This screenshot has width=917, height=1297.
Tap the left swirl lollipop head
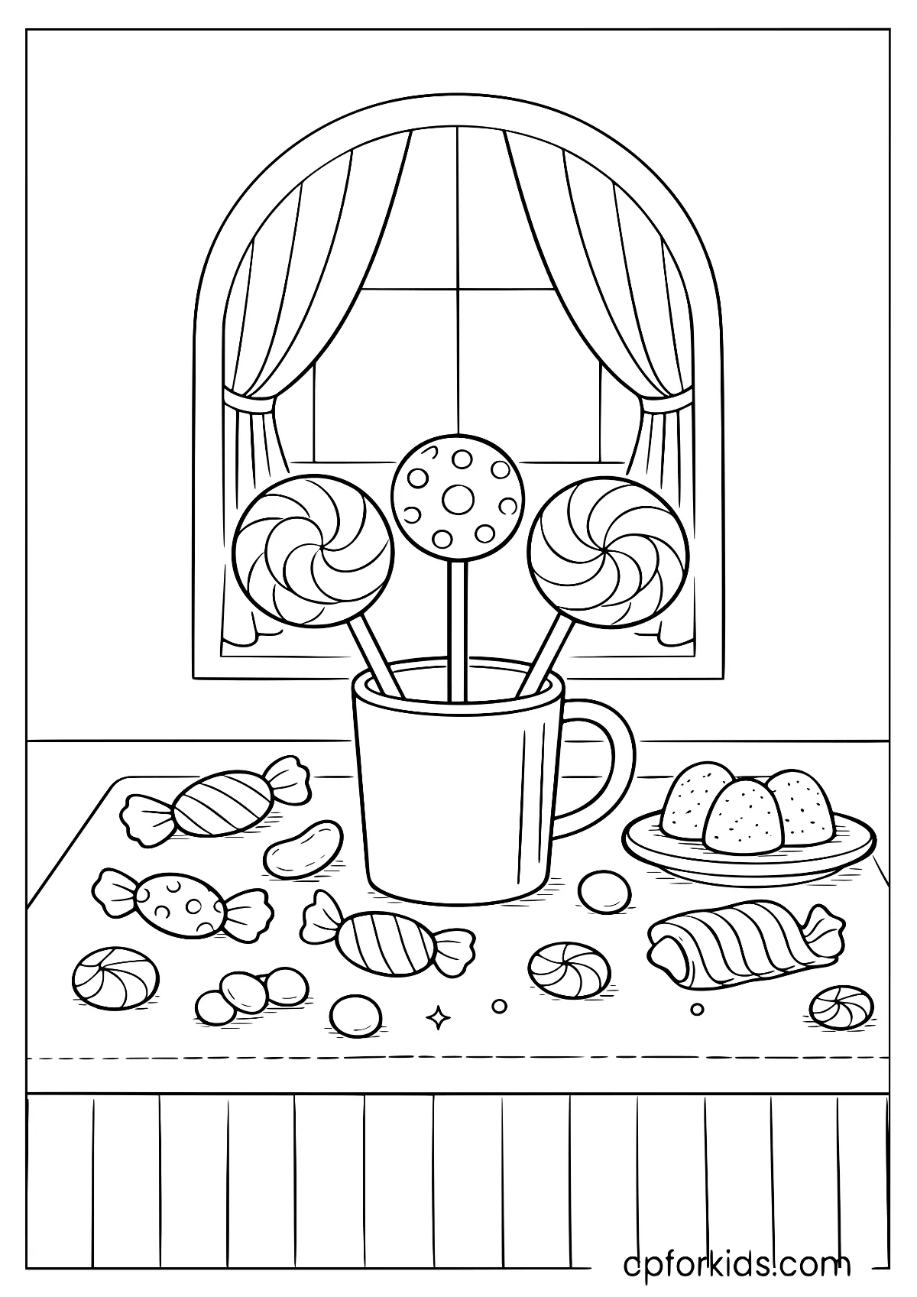coord(313,551)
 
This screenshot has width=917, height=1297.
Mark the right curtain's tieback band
coord(666,401)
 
